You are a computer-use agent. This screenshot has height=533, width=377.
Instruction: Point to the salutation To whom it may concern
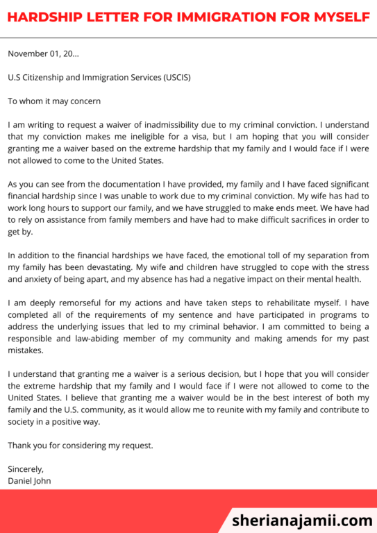tap(54, 101)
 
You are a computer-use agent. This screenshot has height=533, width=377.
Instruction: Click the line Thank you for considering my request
tap(81, 445)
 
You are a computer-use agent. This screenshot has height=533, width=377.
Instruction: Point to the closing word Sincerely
tap(26, 469)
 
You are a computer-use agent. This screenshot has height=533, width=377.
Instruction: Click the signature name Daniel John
tap(30, 480)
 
